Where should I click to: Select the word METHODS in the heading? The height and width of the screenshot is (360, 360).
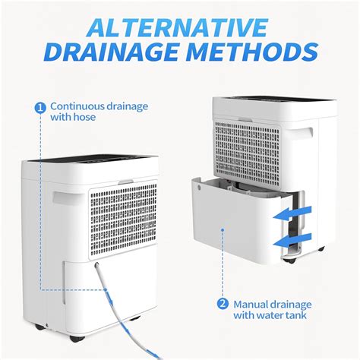tap(255, 53)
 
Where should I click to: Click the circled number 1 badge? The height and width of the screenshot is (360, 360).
tap(40, 107)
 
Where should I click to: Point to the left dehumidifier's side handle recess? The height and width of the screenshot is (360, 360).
tap(63, 201)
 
